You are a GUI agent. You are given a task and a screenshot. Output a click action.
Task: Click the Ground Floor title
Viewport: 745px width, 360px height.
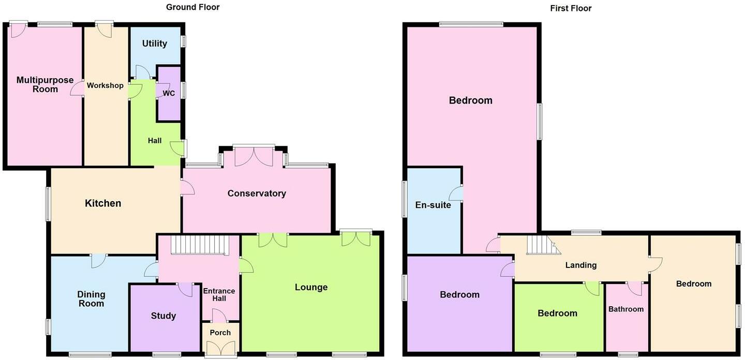192,7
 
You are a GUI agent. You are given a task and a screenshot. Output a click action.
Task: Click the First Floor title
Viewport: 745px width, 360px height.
571,8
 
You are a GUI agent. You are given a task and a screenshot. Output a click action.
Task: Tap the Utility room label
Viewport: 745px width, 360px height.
155,43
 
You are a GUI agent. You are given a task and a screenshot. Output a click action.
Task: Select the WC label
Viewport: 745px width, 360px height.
169,94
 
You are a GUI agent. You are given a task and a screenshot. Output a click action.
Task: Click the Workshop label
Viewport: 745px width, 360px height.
105,85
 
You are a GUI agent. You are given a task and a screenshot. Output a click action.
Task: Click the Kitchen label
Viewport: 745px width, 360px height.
103,203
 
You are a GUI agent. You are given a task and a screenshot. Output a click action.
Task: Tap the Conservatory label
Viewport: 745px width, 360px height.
257,193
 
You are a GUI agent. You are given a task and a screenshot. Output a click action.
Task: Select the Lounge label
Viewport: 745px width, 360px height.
311,287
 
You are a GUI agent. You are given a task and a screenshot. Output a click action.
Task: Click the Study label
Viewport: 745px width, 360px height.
163,316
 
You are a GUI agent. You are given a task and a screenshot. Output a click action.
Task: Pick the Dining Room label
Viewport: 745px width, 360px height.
91,299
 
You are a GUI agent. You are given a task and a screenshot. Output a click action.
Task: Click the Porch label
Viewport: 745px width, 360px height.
220,333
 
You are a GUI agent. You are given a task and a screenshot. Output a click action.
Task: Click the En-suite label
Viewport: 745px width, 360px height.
433,205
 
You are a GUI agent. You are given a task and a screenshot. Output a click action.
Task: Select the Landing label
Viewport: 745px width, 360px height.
580,265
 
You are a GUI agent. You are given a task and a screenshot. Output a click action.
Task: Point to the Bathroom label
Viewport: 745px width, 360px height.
626,309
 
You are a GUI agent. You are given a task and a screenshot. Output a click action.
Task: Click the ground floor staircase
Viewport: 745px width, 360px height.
200,245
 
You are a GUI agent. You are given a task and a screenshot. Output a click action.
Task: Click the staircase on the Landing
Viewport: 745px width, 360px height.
542,245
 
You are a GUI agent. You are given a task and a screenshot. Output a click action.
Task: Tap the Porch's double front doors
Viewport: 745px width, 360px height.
221,350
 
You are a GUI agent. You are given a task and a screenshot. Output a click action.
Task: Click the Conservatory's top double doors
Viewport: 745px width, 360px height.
254,157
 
